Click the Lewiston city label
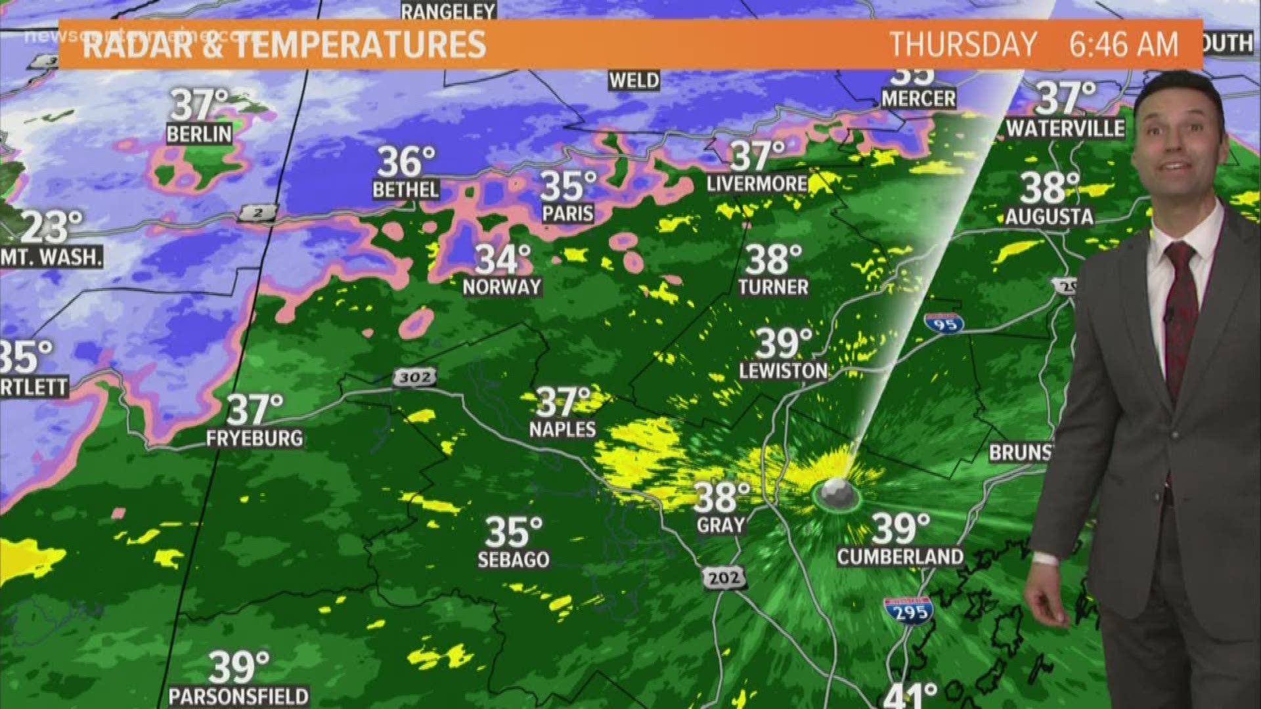pos(783,371)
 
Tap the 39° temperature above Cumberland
pos(901,527)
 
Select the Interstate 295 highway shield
pos(908,610)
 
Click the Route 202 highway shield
pos(724,578)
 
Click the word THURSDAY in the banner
pos(962,45)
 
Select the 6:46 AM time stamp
pos(1124,45)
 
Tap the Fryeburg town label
pos(255,438)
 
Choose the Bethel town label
pos(405,190)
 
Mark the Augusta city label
pos(1049,217)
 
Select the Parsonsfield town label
pos(238,695)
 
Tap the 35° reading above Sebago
pos(514,532)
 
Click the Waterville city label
pos(1065,128)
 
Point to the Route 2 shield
pos(257,213)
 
